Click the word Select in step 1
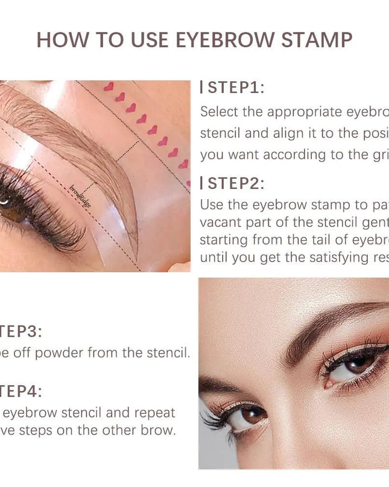pyautogui.click(x=221, y=112)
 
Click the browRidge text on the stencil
pyautogui.click(x=81, y=197)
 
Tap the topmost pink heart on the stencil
pyautogui.click(x=109, y=87)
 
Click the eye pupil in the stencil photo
pyautogui.click(x=5, y=199)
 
